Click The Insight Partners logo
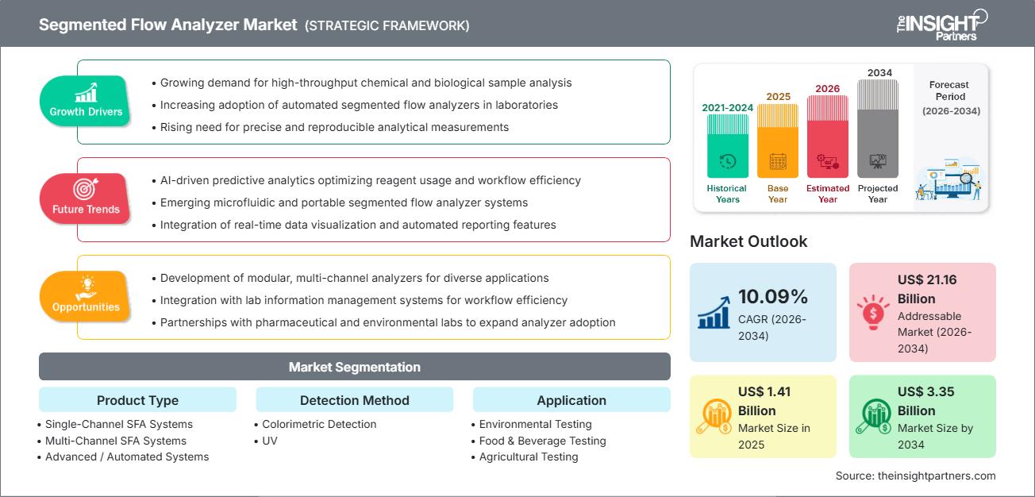(x=941, y=25)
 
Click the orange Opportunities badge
(x=86, y=296)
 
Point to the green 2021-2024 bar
(x=727, y=146)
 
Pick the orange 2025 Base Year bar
(x=778, y=141)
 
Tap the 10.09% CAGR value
(x=772, y=297)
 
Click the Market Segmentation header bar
(x=354, y=367)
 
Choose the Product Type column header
(x=137, y=400)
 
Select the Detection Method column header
(x=354, y=400)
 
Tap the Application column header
(x=571, y=400)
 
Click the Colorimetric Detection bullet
(x=319, y=424)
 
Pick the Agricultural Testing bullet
(x=529, y=457)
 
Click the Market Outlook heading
(x=748, y=241)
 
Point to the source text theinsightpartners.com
(x=915, y=476)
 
